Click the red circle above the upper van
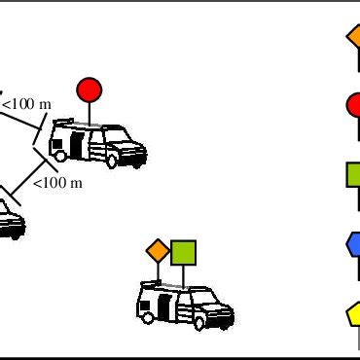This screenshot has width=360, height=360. [x=90, y=90]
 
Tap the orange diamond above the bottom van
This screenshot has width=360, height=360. [x=158, y=250]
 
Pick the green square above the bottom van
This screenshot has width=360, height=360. [x=184, y=252]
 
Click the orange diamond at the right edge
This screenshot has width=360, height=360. [x=355, y=36]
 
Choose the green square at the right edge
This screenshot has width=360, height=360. [x=354, y=175]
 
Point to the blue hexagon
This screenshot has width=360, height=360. [x=355, y=243]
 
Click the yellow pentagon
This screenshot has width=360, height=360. [x=355, y=313]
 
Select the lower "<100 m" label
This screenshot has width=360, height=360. [x=57, y=182]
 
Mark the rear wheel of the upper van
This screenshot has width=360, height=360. [x=61, y=155]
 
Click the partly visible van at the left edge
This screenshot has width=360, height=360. [x=10, y=220]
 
